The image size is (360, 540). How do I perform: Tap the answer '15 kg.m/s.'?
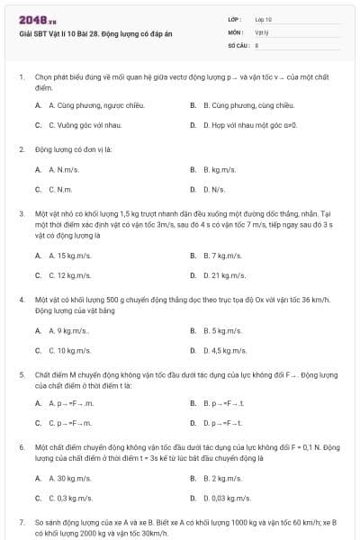click(x=70, y=256)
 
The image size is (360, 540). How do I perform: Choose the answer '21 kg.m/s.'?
click(x=225, y=275)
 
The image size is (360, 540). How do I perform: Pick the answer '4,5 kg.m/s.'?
click(x=226, y=351)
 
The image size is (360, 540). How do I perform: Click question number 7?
click(x=21, y=521)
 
